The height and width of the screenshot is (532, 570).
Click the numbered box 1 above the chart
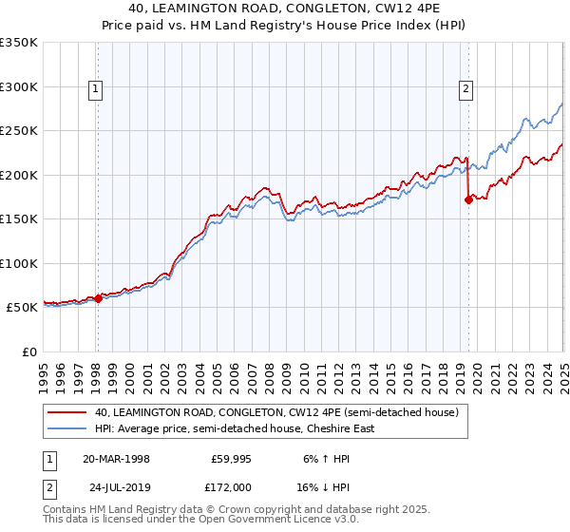97,90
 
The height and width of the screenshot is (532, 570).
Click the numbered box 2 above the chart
466,90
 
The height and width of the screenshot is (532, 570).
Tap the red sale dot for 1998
98,298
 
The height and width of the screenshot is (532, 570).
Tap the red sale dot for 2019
468,199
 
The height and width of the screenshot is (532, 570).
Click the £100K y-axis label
18,263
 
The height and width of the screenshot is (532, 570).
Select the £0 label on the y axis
29,351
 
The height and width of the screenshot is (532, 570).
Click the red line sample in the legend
66,412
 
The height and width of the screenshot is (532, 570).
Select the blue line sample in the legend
66,428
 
